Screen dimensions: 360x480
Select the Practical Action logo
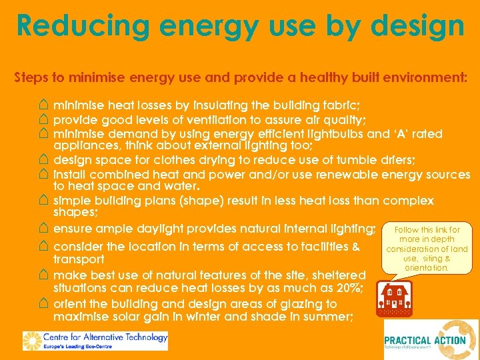click(431, 340)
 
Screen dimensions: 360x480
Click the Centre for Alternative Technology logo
click(95, 340)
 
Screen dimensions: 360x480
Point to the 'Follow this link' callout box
click(427, 249)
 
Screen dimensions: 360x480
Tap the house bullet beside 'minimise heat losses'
click(43, 105)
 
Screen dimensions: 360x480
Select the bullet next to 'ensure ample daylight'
click(43, 228)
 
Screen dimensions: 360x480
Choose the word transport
click(79, 259)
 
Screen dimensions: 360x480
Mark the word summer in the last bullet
click(327, 317)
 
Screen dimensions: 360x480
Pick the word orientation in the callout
click(427, 267)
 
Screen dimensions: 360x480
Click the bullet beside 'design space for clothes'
click(43, 160)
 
